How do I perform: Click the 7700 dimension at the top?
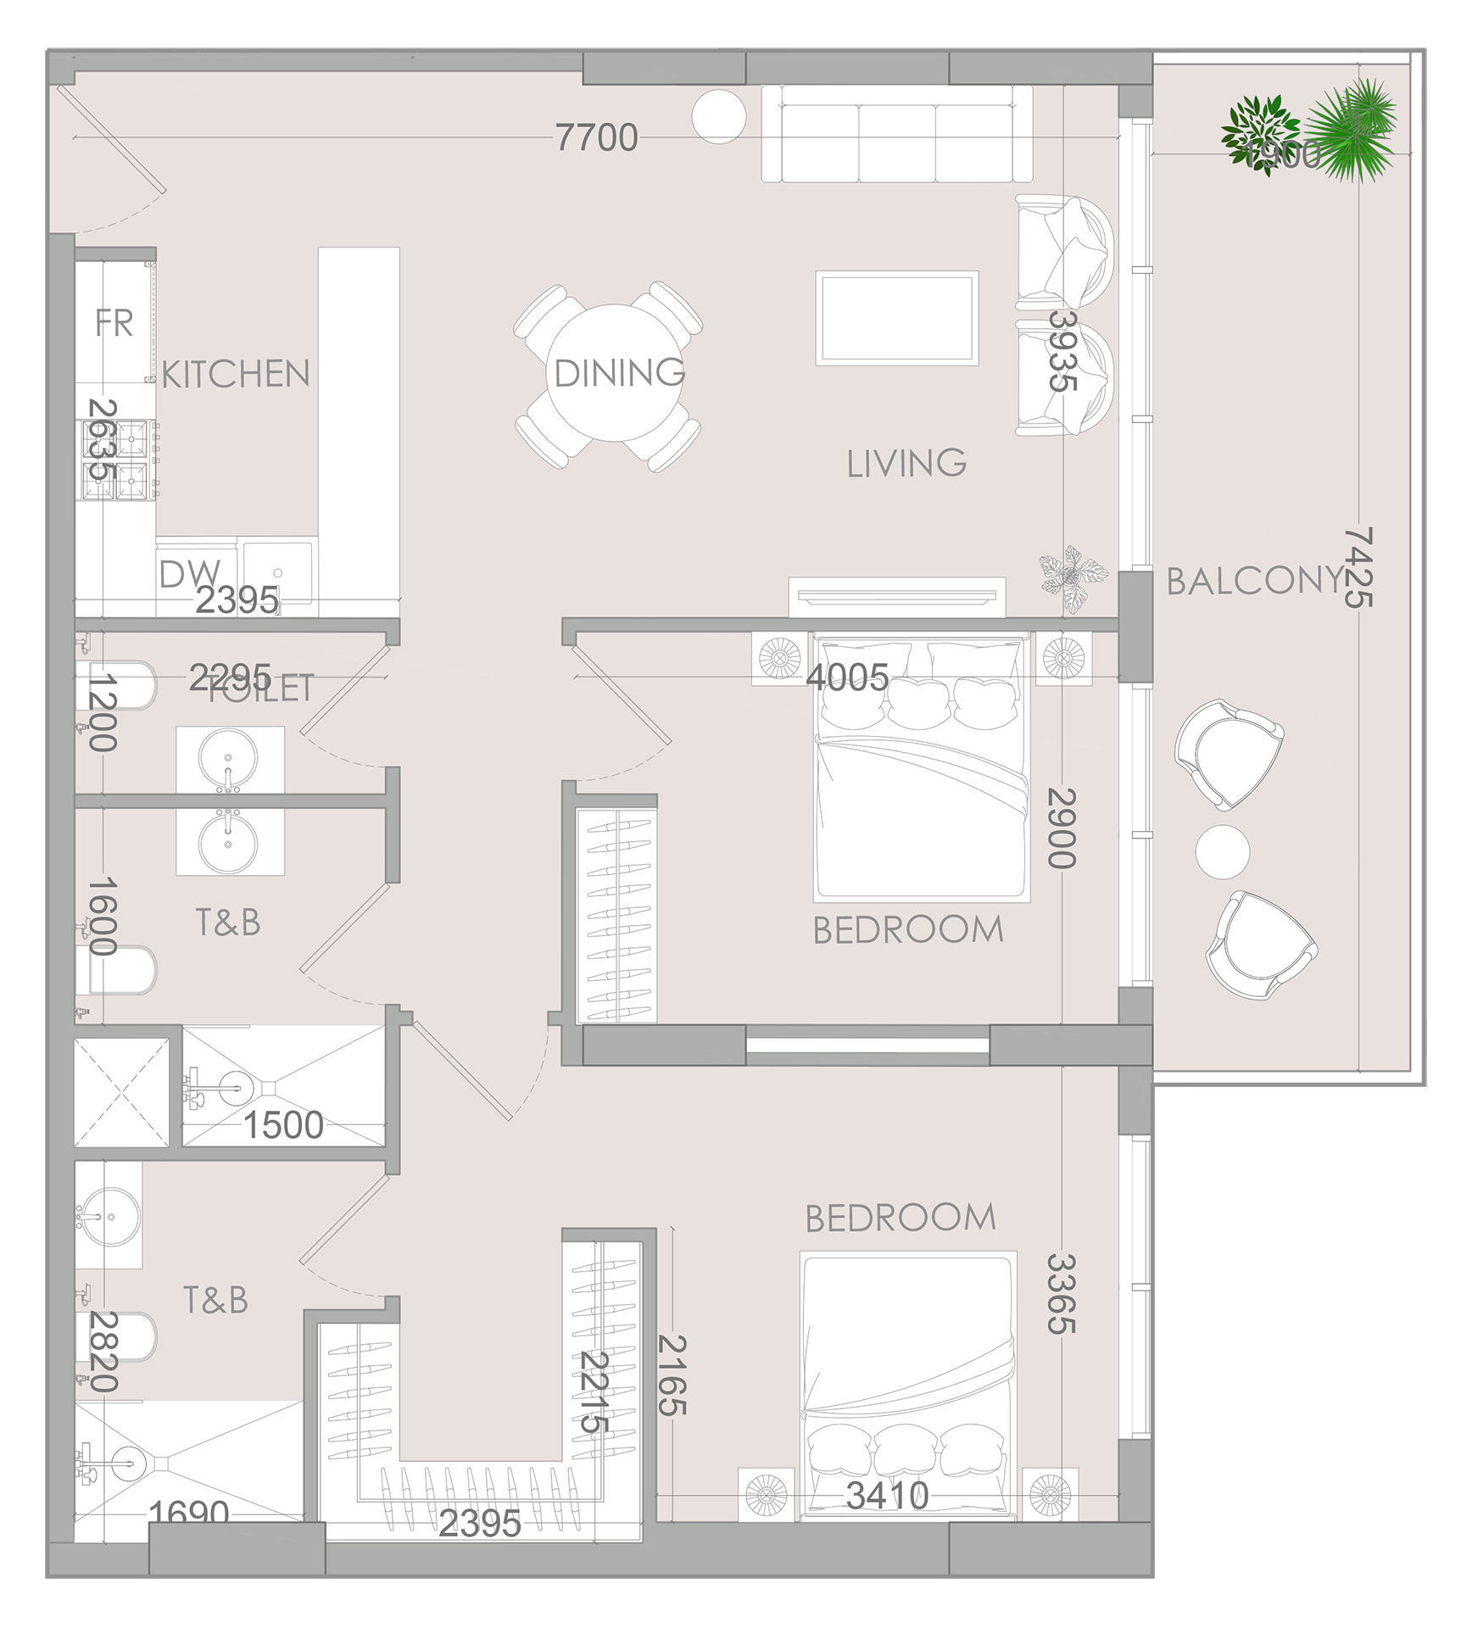click(x=596, y=137)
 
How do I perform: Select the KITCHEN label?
click(x=236, y=374)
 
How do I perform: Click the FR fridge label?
click(x=114, y=323)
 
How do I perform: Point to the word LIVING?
click(x=906, y=463)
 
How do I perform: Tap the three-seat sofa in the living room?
click(x=896, y=133)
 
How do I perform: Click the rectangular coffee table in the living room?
click(x=896, y=318)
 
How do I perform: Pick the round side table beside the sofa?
click(x=718, y=116)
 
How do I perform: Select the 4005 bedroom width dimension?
click(x=846, y=677)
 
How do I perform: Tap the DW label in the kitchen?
click(x=188, y=575)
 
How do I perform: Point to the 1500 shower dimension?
click(x=283, y=1125)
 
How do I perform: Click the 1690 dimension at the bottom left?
click(x=188, y=1512)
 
